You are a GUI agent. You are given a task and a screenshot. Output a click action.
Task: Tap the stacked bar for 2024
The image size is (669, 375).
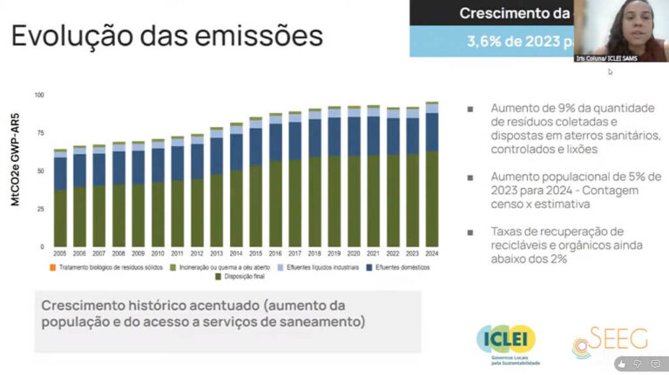[x=432, y=174]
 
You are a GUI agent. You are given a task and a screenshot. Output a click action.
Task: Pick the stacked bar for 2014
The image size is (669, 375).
[x=236, y=184]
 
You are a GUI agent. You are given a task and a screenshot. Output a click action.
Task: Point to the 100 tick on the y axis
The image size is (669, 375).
[x=38, y=95]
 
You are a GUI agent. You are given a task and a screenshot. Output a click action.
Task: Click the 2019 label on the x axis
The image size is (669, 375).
[x=334, y=253]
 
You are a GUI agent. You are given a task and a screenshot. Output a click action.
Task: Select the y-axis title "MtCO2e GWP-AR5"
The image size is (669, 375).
[x=15, y=170]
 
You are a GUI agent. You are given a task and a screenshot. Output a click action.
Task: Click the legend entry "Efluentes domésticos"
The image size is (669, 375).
[x=398, y=266]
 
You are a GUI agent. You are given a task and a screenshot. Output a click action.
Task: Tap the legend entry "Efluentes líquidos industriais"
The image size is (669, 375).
[x=319, y=266]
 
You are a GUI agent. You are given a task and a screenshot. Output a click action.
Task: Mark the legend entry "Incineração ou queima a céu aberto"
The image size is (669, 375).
[x=220, y=266]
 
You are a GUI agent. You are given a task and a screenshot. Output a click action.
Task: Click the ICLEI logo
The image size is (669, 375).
[x=507, y=340]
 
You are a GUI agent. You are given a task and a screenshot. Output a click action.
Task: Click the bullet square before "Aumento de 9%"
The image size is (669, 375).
[x=470, y=109]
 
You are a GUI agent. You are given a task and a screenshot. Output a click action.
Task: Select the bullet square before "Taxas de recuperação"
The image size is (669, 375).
[x=470, y=232]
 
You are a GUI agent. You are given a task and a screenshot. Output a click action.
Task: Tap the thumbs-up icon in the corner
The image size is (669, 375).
[x=623, y=364]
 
